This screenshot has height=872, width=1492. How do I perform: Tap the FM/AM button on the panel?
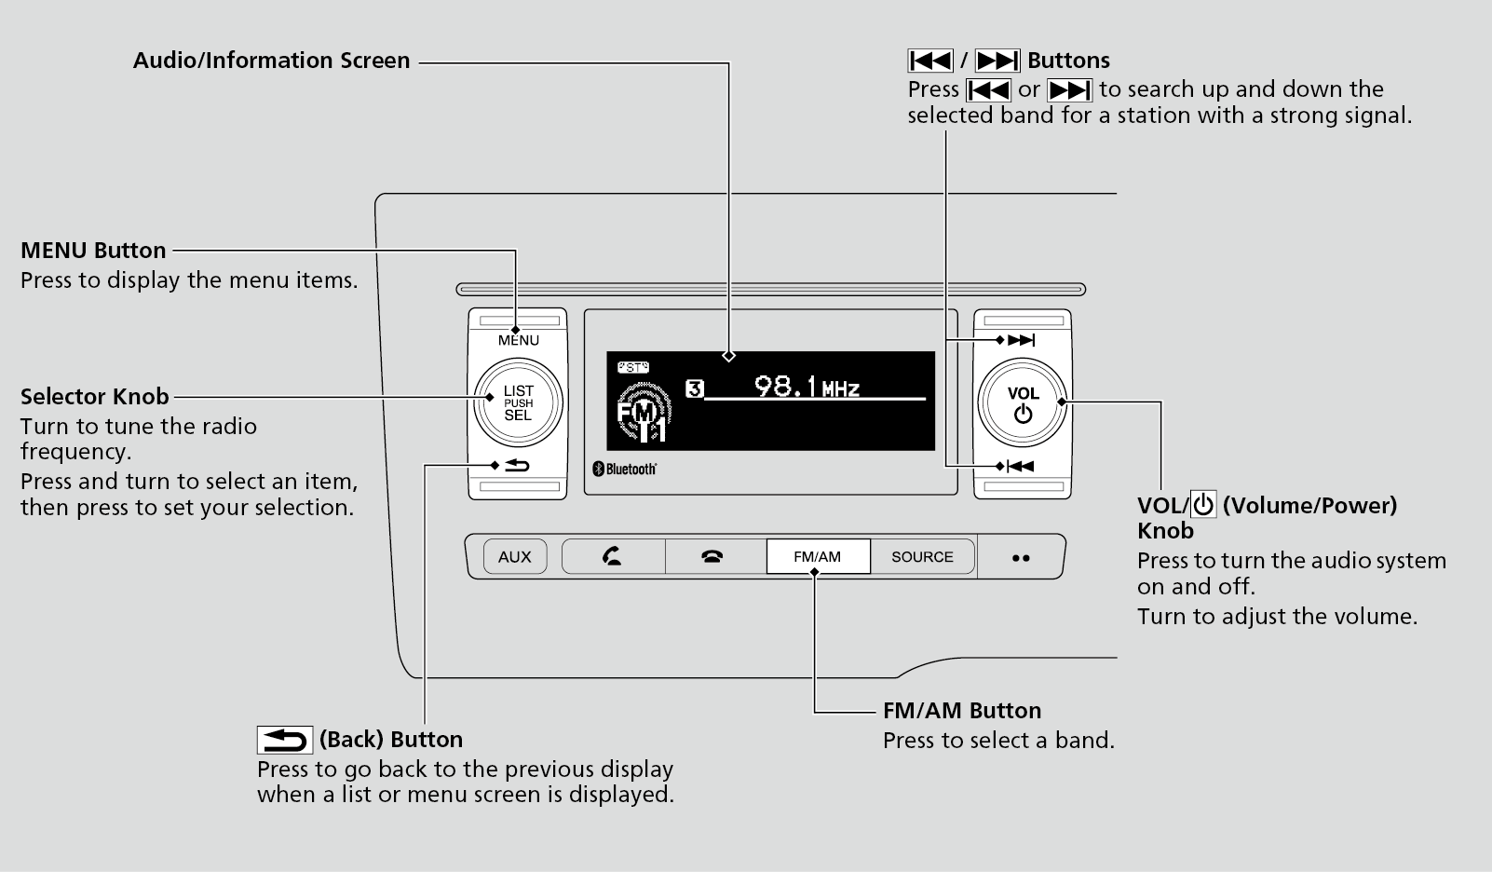(818, 557)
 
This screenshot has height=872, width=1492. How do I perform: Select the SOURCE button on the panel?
(922, 557)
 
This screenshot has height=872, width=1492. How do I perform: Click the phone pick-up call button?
(613, 557)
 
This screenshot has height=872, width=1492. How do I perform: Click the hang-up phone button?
(712, 557)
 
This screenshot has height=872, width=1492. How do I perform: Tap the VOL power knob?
(1023, 403)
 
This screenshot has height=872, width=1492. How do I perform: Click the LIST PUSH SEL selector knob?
(518, 403)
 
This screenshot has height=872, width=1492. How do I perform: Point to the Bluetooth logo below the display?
(625, 469)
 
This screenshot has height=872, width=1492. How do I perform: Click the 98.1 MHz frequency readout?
(807, 387)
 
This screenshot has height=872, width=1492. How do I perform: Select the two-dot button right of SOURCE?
(1021, 558)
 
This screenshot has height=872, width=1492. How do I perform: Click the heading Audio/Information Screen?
(271, 61)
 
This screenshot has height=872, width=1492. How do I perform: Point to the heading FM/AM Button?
(961, 711)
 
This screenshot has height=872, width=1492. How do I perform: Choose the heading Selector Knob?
(95, 397)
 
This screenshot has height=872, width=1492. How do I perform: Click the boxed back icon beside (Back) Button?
(284, 740)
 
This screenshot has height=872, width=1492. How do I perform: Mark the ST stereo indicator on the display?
(633, 367)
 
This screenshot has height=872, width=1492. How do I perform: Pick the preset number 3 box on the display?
(694, 388)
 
